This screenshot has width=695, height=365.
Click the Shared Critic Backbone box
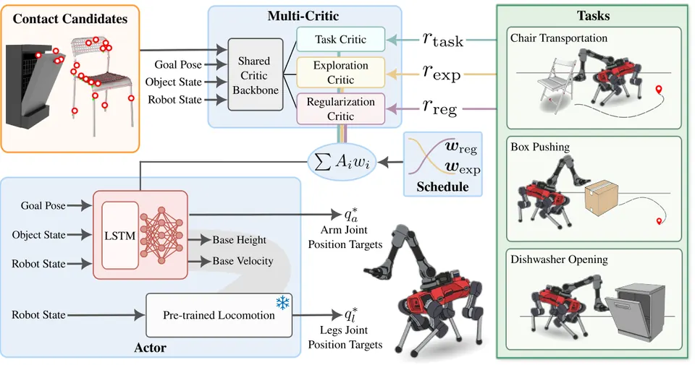tap(256, 74)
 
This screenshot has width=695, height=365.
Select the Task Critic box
tap(340, 39)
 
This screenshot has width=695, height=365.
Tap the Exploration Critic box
tap(340, 72)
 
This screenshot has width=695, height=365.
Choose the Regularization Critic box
tap(340, 109)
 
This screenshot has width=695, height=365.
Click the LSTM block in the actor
tap(120, 236)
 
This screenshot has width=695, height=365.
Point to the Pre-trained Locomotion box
tap(219, 315)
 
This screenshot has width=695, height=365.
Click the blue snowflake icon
tap(283, 303)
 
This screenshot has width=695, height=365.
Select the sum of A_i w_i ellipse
tap(341, 162)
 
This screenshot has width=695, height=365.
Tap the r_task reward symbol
tap(442, 40)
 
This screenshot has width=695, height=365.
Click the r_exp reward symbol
tap(442, 72)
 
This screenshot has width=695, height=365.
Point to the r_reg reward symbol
tap(439, 107)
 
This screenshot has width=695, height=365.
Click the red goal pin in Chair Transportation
tap(659, 90)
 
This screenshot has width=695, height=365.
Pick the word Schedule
tap(442, 186)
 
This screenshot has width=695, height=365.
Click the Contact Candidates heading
tap(70, 19)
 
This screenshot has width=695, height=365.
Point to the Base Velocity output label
tap(243, 261)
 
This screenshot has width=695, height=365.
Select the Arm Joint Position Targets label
tap(345, 237)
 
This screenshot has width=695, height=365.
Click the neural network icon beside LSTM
tap(161, 234)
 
